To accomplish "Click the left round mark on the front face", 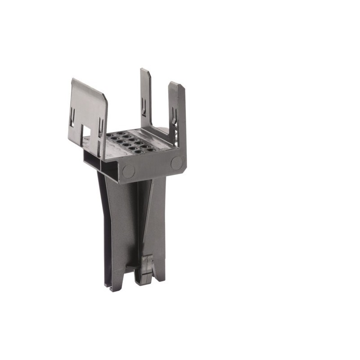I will pos(128,171).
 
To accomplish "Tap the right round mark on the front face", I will pos(176,163).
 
